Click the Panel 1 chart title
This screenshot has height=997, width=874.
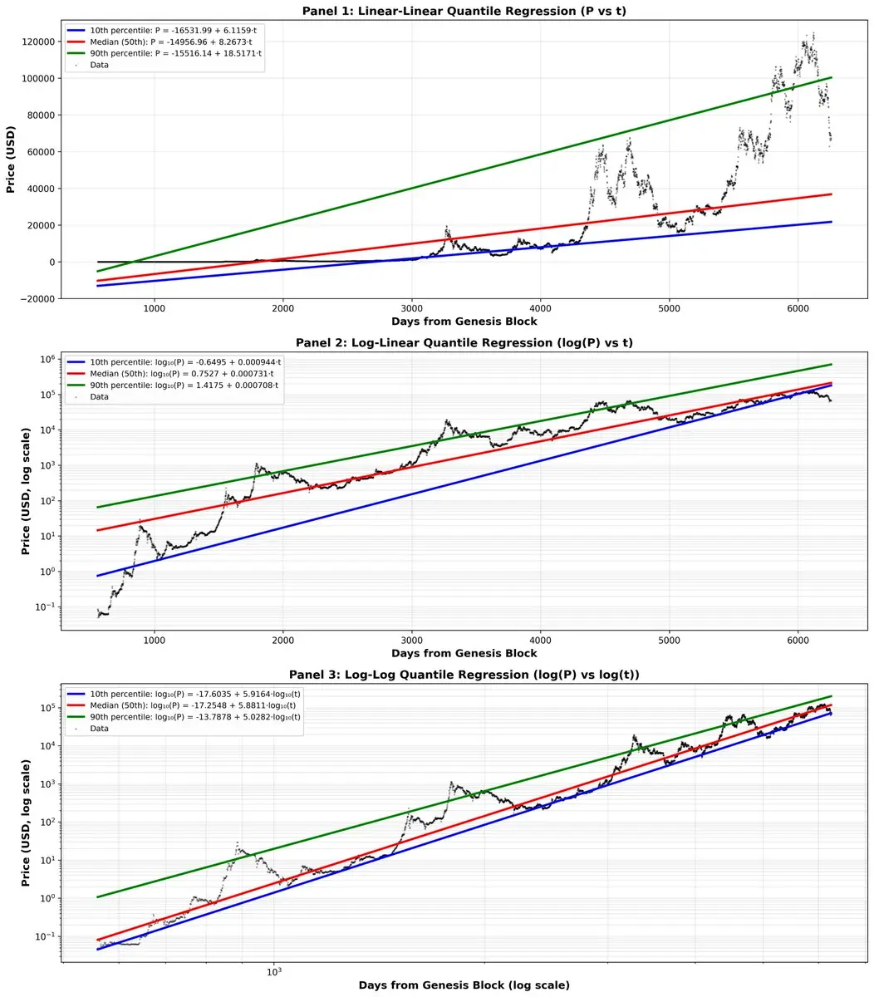tap(464, 9)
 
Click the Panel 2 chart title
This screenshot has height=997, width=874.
tap(464, 342)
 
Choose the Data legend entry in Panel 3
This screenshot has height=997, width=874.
tap(99, 729)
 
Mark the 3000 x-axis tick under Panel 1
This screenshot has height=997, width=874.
tap(412, 308)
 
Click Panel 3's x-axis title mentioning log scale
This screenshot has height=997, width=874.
tap(464, 985)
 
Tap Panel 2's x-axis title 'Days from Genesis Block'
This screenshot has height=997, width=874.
tap(464, 653)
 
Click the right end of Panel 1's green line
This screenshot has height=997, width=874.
tap(831, 77)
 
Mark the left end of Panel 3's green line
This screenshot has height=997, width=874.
tap(98, 896)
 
